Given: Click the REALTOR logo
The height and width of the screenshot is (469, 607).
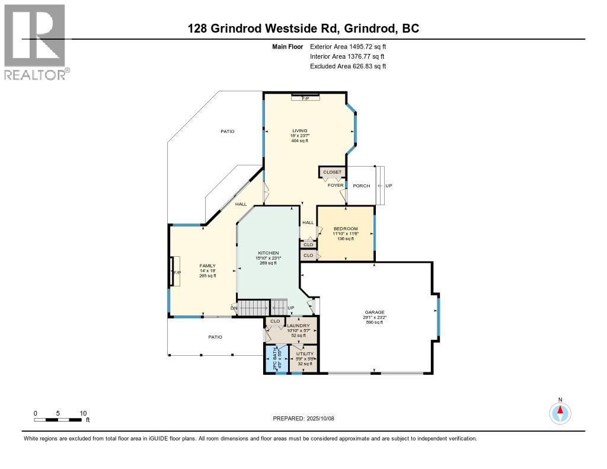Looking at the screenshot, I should coord(36,41).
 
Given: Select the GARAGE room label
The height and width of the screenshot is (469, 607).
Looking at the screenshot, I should coord(375,312).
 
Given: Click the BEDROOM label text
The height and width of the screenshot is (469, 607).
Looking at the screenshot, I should coord(346,229).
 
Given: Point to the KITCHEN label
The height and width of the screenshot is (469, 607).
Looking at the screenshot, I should coord(268,253).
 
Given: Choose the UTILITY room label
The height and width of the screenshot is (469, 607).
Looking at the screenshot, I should coord(305,354).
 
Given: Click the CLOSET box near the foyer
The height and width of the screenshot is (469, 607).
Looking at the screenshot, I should coord(332,172).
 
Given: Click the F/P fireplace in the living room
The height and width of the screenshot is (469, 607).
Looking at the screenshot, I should coord(305,97).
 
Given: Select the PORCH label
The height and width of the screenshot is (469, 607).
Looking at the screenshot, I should coord(361,186).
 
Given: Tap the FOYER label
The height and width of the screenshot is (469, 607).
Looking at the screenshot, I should coord(336,186).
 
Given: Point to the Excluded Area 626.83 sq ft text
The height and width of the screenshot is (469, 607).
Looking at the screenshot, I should coord(348,66).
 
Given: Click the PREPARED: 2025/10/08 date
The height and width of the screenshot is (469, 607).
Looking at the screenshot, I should coord(303,418).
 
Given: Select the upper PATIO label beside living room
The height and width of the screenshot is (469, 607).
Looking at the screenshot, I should coord(228,131).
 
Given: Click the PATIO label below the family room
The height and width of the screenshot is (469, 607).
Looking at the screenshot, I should coord(215,337).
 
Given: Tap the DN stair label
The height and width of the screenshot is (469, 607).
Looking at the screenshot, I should coord(234,307).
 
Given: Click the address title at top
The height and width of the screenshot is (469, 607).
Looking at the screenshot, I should coord(303,28).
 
